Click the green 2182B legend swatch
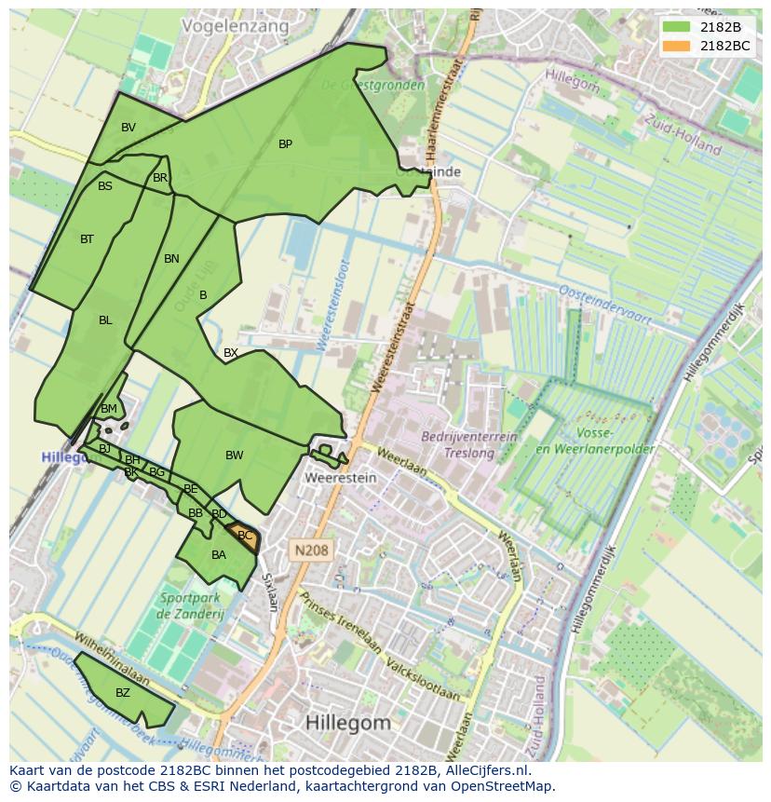point(677,27)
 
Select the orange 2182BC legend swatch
point(677,46)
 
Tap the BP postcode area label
point(285,144)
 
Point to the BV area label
point(128,128)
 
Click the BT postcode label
point(87,239)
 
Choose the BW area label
point(234,455)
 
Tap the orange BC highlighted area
point(245,537)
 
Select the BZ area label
point(123,693)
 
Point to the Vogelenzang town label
point(236,26)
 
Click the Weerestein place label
point(340,478)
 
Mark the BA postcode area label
point(219,555)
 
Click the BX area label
point(231,353)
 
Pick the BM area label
point(109,409)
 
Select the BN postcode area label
point(171,259)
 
